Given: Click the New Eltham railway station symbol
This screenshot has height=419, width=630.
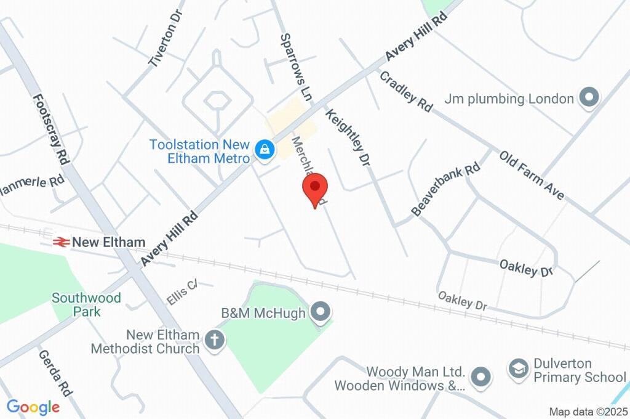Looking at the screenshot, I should click(x=60, y=242).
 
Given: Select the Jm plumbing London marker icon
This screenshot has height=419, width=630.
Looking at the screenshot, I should click(x=590, y=99).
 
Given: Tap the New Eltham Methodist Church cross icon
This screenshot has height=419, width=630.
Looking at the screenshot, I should click(x=215, y=340).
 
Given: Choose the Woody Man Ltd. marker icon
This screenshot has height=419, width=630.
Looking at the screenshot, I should click(x=480, y=375).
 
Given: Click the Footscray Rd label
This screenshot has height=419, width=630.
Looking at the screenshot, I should click(x=50, y=128).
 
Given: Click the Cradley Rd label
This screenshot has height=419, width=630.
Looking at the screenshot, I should click(x=406, y=91).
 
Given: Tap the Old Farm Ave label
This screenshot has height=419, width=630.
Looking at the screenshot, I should click(x=532, y=175).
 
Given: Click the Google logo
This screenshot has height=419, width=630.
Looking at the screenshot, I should click(x=33, y=407).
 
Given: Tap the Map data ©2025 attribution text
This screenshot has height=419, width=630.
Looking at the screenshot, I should click(x=588, y=412).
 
